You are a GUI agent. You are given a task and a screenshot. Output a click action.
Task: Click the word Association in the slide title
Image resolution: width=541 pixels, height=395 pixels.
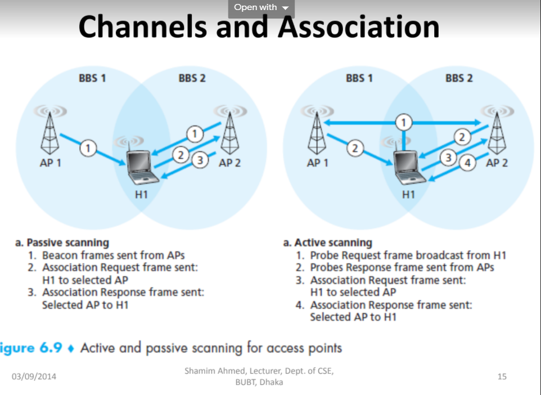358,26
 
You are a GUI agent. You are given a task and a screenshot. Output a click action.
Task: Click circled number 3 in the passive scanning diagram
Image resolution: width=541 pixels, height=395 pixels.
200,161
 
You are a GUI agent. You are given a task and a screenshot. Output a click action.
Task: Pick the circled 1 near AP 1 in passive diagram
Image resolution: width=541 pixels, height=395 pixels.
88,148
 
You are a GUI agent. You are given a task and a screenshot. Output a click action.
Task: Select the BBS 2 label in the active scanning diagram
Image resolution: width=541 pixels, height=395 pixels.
459,78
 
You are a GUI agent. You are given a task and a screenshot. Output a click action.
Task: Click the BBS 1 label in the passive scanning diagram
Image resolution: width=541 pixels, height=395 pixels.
92,78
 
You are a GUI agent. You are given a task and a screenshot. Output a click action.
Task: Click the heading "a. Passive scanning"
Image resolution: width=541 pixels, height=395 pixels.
62,243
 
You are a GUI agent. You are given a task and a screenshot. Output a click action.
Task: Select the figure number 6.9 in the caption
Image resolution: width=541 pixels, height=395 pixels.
51,348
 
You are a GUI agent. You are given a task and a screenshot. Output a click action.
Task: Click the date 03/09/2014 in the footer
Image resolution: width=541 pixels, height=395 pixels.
34,376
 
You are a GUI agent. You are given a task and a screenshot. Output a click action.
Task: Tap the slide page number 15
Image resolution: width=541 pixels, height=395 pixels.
502,376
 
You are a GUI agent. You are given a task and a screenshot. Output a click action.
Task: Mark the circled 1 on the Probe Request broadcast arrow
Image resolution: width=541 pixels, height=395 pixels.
404,121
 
